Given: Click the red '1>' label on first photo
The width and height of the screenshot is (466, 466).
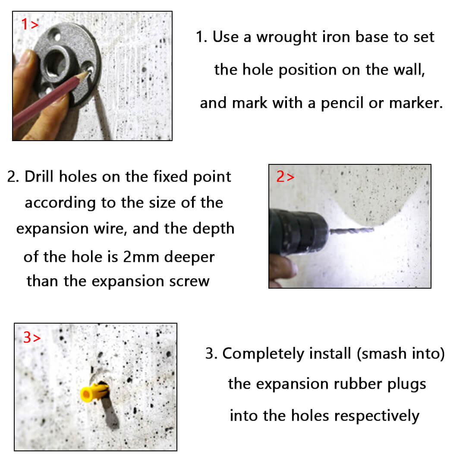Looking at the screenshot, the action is click(x=30, y=24).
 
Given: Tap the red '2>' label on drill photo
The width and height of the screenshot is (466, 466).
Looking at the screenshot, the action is click(x=285, y=176).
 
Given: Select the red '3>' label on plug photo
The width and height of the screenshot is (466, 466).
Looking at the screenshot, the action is click(x=32, y=337).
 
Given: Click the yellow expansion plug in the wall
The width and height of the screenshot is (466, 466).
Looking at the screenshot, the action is click(x=94, y=392).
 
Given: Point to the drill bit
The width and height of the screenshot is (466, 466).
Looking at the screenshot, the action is click(x=351, y=230).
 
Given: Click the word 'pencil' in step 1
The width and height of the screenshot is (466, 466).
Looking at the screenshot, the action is click(x=342, y=104).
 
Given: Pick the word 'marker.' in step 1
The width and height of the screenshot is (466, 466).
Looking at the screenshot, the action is click(x=416, y=103).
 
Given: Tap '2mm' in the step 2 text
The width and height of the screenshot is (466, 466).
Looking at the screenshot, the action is click(x=141, y=257).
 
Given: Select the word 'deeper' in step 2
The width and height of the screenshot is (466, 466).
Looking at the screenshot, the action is click(x=189, y=257).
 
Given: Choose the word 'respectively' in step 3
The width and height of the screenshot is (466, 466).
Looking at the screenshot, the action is click(x=377, y=416).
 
